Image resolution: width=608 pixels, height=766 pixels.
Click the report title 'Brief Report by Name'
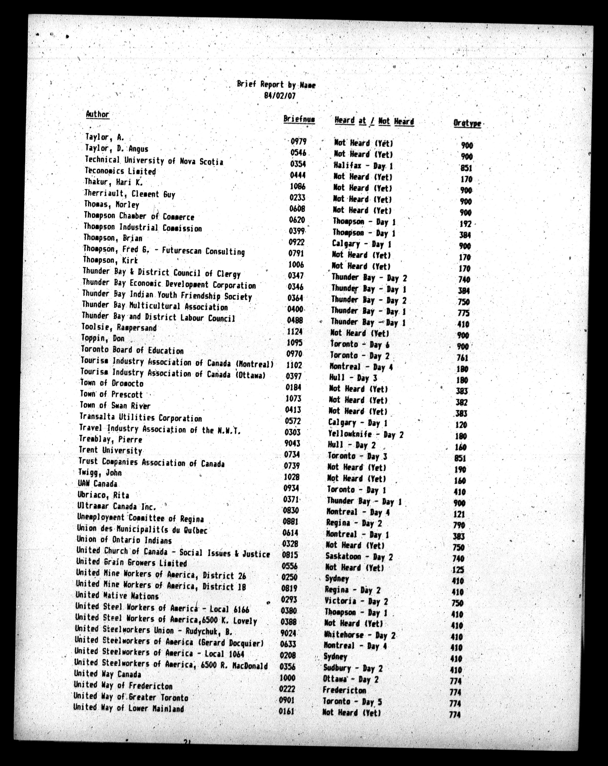tap(276, 85)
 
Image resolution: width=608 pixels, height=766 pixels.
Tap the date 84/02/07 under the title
tap(280, 96)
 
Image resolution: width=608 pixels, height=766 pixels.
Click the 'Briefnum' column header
tap(299, 119)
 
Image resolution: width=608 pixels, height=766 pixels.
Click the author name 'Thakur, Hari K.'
tap(113, 182)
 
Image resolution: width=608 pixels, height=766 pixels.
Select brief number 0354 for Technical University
tap(297, 164)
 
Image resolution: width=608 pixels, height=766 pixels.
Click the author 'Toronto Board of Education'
tap(132, 350)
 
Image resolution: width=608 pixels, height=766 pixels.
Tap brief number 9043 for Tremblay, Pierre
tap(292, 443)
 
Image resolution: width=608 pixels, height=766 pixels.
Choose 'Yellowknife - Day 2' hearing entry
tap(366, 434)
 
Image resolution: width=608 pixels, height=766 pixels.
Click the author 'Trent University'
tap(110, 450)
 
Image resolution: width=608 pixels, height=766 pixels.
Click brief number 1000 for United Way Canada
tap(288, 678)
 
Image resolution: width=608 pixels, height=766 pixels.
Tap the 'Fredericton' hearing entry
tap(344, 690)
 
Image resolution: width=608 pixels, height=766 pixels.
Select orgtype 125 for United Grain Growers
tap(458, 569)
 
